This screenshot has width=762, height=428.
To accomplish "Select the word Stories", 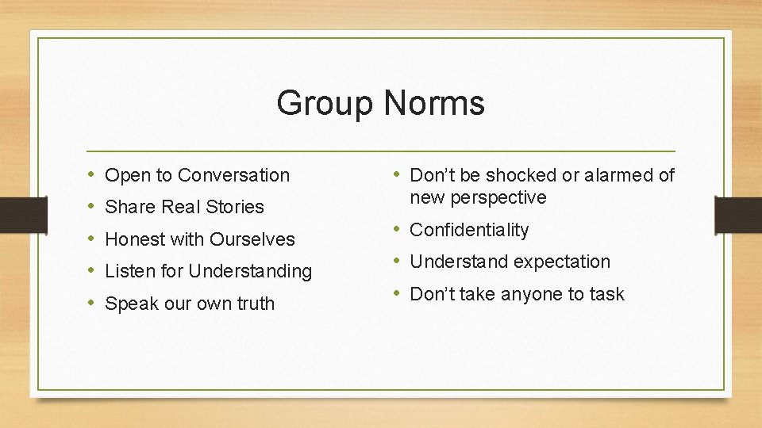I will coord(235,207).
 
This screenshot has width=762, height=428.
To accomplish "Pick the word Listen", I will coord(130,271).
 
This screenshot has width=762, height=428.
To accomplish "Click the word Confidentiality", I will coord(469,230).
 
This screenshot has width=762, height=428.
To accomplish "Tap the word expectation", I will coord(560,262).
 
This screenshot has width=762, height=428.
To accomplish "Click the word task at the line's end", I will coord(606,294).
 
